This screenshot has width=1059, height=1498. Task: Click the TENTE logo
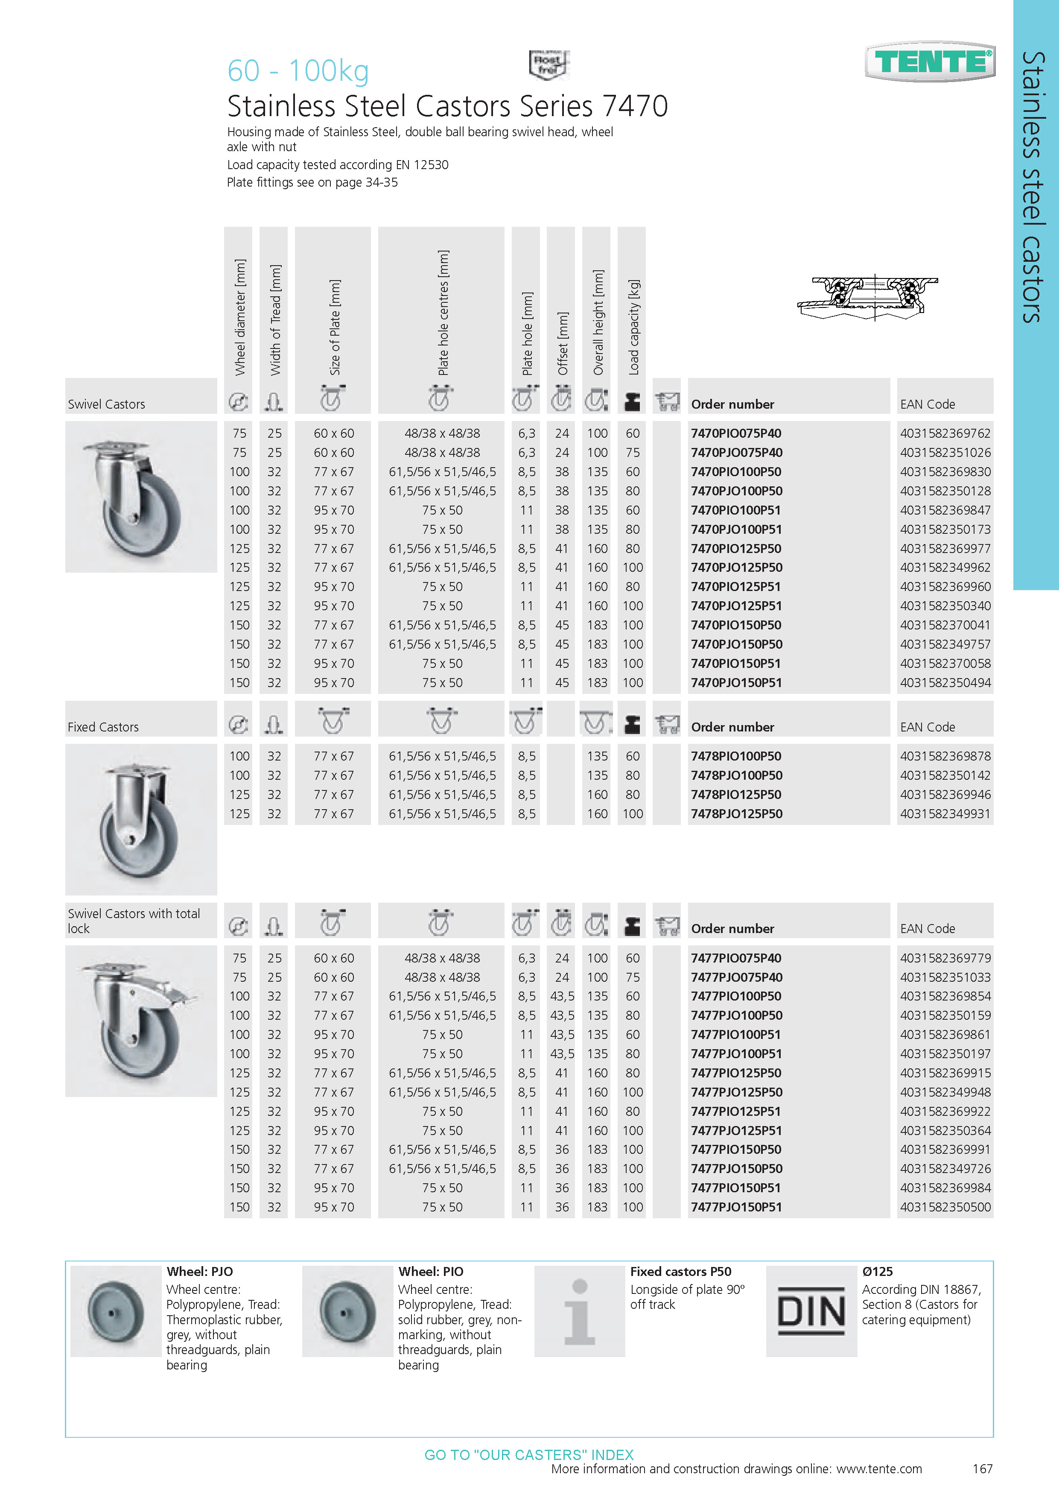coord(930,62)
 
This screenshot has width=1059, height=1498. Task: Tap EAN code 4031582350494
coord(945,682)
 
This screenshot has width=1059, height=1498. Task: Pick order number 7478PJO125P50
coord(736,813)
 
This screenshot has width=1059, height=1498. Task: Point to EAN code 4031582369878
coord(945,756)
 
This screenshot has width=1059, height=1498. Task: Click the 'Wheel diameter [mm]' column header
coord(240,317)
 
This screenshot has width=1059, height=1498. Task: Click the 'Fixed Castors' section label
coord(103,727)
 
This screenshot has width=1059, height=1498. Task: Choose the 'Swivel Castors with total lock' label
coord(134,921)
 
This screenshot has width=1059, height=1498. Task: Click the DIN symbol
coord(811,1311)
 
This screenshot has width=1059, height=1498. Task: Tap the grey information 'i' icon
coord(579,1311)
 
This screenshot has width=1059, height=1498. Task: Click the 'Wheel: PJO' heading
coord(199,1272)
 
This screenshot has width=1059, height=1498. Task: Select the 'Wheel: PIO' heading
coord(430,1272)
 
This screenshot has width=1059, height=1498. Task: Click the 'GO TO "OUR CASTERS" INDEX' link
coord(529,1455)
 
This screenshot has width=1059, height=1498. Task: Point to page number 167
coord(982,1469)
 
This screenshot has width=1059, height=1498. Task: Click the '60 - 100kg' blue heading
coord(298,70)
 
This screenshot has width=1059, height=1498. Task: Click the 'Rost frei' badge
coord(548,64)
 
